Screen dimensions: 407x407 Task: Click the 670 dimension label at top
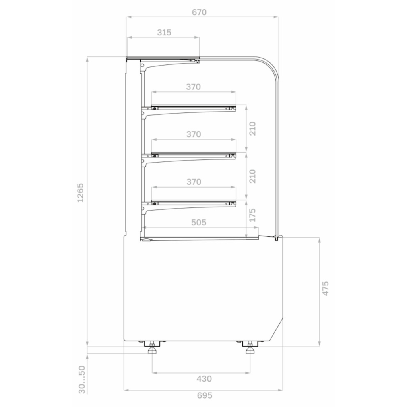click(200, 12)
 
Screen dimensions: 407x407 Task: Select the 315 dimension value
click(164, 33)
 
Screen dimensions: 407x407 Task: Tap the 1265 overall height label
click(81, 193)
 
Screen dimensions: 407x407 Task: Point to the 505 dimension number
click(199, 223)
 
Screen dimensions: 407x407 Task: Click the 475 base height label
click(325, 288)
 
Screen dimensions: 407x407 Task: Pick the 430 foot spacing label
click(204, 379)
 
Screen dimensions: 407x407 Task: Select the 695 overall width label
click(205, 395)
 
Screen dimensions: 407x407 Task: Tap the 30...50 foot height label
click(82, 380)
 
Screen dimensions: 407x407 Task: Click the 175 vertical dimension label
click(252, 215)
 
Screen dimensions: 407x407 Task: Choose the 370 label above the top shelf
click(194, 87)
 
